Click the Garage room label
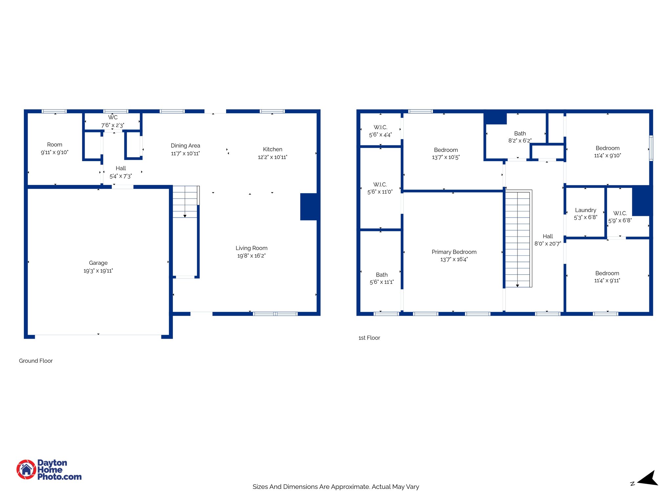click(98, 263)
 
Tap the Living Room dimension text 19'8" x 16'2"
click(251, 256)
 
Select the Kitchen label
click(272, 149)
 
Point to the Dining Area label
click(185, 146)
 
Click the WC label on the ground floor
click(113, 117)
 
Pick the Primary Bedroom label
click(454, 252)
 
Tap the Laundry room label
click(585, 210)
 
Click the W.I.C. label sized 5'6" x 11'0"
click(380, 185)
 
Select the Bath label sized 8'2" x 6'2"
click(520, 134)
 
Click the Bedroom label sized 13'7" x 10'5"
click(446, 150)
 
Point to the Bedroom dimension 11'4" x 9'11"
click(607, 281)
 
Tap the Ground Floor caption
click(36, 361)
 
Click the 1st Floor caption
click(369, 338)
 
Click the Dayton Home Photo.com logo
click(49, 470)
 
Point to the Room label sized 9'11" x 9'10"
click(54, 145)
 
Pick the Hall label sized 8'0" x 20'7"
click(548, 236)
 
